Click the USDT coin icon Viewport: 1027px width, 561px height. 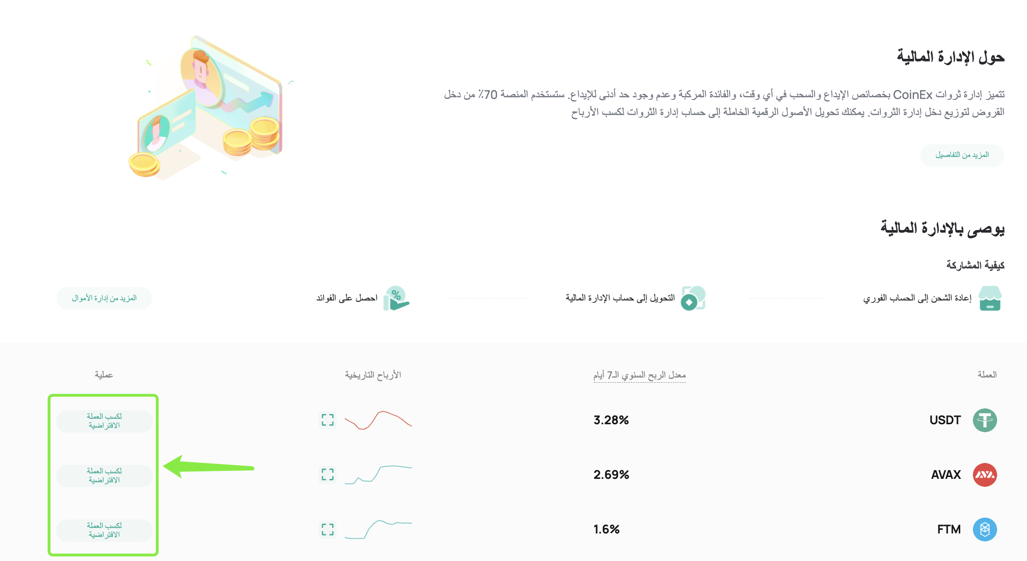pyautogui.click(x=985, y=420)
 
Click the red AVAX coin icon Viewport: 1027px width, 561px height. pyautogui.click(x=985, y=475)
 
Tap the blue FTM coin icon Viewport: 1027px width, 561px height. pyautogui.click(x=985, y=529)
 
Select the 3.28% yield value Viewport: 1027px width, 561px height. pyautogui.click(x=611, y=420)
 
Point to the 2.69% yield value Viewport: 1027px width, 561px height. pyautogui.click(x=611, y=475)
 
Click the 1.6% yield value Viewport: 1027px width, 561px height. pyautogui.click(x=606, y=529)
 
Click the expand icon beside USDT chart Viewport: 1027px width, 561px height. pyautogui.click(x=328, y=420)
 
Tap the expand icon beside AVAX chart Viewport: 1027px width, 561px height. pyautogui.click(x=328, y=475)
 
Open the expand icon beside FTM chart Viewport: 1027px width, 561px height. pyautogui.click(x=328, y=529)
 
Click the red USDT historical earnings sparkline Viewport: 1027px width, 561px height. pyautogui.click(x=378, y=420)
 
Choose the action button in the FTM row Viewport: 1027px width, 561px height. pyautogui.click(x=104, y=530)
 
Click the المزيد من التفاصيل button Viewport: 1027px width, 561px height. pyautogui.click(x=962, y=155)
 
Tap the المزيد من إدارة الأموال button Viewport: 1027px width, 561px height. pyautogui.click(x=104, y=298)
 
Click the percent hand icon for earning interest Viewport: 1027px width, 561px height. pyautogui.click(x=396, y=298)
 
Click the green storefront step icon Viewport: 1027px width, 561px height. pyautogui.click(x=990, y=298)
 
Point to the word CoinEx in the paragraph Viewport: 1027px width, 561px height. pyautogui.click(x=913, y=95)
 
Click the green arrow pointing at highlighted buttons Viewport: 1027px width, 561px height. pyautogui.click(x=208, y=467)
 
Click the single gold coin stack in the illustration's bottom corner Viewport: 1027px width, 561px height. pyautogui.click(x=144, y=165)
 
